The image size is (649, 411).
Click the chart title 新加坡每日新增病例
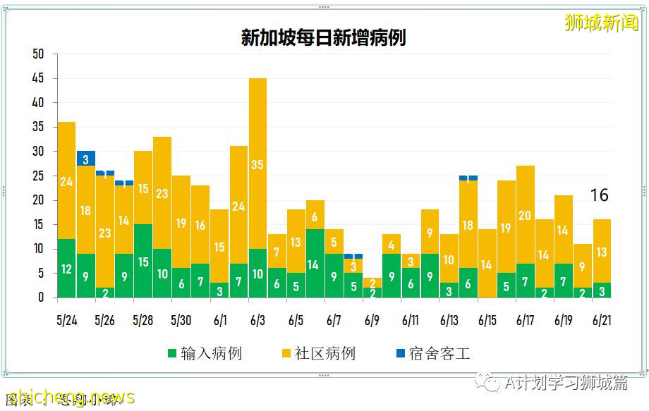(323, 38)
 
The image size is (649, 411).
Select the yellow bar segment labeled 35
(257, 164)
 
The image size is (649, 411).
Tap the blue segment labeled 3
(86, 159)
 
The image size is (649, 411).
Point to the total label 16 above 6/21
(599, 195)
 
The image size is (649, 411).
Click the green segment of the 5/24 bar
(66, 269)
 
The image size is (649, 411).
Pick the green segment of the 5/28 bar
(143, 262)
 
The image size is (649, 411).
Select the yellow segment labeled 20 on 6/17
(525, 215)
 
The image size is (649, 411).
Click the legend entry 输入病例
(205, 353)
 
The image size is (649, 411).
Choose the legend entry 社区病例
(318, 353)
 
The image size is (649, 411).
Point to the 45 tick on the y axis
(38, 78)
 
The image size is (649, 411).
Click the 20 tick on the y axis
(38, 200)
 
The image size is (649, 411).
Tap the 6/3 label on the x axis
(257, 320)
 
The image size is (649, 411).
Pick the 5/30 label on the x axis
(181, 320)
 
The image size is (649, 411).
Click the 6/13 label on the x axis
(449, 320)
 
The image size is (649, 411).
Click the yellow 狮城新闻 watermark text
(601, 23)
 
